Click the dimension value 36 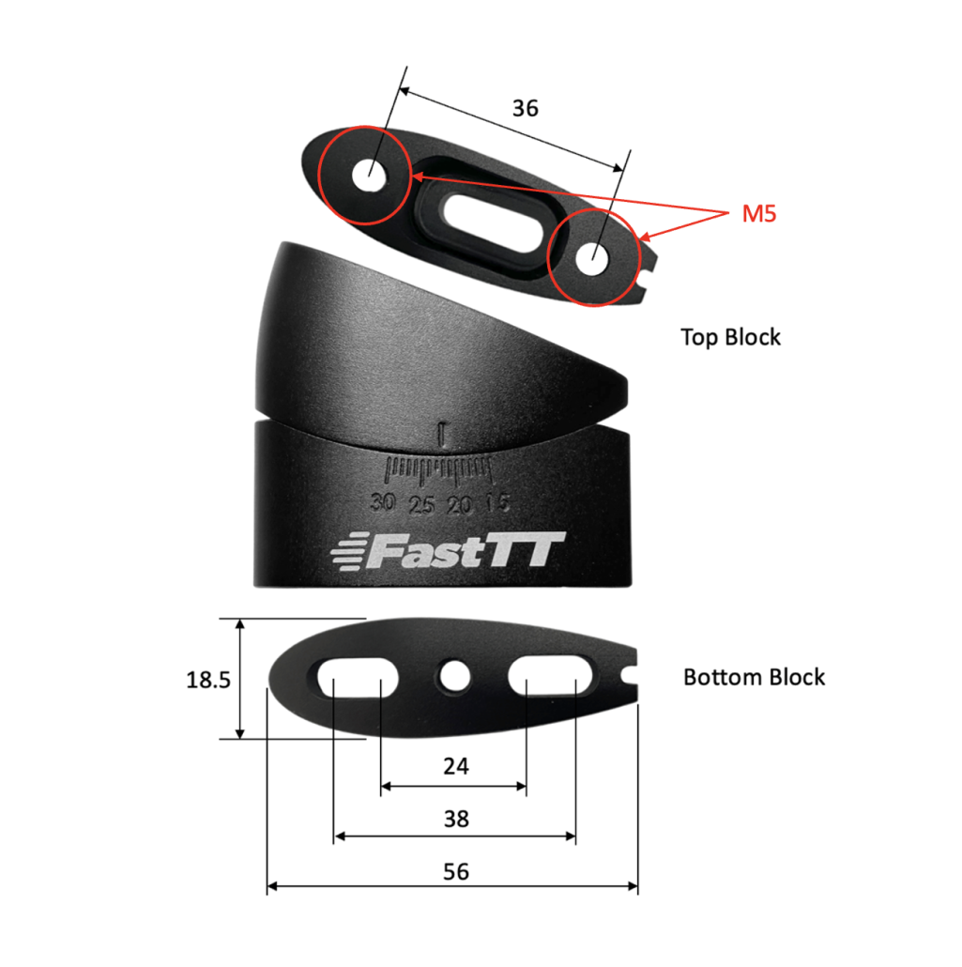coord(526,108)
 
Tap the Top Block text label coord(730,337)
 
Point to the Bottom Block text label coord(754,677)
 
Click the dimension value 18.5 coord(208,680)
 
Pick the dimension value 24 coord(455,766)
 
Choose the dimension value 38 coord(455,819)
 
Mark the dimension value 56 coord(455,871)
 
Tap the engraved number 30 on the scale coord(382,502)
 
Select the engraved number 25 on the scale coord(422,505)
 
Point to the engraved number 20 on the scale coord(460,505)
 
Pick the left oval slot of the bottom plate coord(357,675)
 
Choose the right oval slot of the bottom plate coord(552,675)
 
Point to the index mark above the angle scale coord(442,434)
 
